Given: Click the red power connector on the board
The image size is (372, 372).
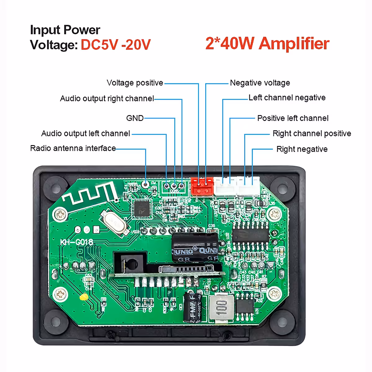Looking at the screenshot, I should click(x=202, y=186).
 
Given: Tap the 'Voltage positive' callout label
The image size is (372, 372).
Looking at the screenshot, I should click(x=135, y=83).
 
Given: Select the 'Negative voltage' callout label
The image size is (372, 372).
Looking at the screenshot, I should click(x=260, y=83).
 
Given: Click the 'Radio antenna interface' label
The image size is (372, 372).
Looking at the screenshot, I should click(x=73, y=148).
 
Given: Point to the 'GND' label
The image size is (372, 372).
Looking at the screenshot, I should click(x=135, y=118).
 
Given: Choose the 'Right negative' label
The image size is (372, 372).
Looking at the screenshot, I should click(x=302, y=149).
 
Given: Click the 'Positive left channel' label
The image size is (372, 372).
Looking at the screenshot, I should click(x=293, y=118).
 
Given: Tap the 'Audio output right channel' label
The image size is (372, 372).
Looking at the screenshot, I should click(x=107, y=99).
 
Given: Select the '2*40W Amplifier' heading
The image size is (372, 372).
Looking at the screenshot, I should click(x=267, y=43).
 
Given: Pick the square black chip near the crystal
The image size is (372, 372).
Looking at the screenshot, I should click(x=141, y=208).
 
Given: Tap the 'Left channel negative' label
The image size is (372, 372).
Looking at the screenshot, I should click(x=287, y=98).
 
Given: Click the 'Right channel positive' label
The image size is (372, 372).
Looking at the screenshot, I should click(x=312, y=134).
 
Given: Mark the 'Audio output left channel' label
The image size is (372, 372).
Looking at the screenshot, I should click(x=86, y=134).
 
